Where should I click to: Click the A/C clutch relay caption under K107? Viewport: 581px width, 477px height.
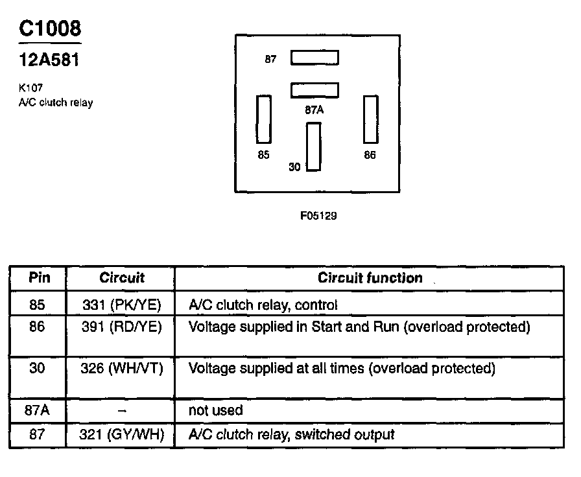point(56,102)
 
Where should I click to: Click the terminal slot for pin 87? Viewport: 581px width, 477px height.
point(314,58)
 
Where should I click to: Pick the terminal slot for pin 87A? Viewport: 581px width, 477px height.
point(314,89)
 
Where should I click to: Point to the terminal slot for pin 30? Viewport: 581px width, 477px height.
point(314,146)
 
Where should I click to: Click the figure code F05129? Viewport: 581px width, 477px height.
point(318,216)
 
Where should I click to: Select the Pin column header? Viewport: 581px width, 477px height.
point(38,278)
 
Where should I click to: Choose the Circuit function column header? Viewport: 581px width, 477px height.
point(370,278)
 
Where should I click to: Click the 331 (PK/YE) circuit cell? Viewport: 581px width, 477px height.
point(122,305)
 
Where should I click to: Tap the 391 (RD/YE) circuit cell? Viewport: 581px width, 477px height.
point(122,327)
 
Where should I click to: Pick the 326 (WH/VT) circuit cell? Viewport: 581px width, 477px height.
point(122,369)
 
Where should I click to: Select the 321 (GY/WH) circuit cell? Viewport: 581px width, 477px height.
point(122,434)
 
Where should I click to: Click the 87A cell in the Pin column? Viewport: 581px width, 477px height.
point(38,410)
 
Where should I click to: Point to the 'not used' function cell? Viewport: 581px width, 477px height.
point(215,410)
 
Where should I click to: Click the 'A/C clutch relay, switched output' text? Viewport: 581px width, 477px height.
point(291,434)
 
